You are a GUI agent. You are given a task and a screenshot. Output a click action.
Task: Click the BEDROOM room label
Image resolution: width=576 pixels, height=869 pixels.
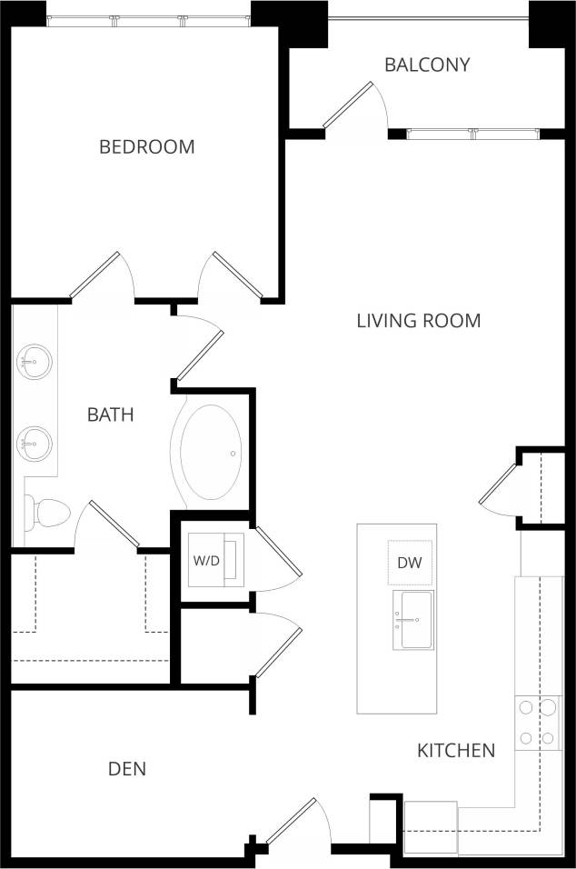click(147, 146)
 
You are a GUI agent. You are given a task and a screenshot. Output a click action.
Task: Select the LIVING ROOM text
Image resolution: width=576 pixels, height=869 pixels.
click(418, 320)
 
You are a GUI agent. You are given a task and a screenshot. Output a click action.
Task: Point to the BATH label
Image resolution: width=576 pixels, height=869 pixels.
click(111, 415)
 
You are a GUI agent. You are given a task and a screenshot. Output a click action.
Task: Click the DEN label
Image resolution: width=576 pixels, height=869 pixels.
click(127, 769)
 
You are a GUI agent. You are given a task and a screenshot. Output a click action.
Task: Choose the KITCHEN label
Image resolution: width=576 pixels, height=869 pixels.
click(456, 750)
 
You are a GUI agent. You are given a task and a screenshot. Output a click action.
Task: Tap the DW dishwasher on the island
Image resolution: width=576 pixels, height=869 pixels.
click(411, 563)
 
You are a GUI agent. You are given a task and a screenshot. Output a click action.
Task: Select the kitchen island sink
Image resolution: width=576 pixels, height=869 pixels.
click(412, 620)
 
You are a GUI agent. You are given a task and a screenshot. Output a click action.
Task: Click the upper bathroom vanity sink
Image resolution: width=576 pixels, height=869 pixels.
click(35, 363)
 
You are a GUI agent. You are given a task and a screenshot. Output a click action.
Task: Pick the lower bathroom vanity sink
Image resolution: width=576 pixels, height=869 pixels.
click(35, 444)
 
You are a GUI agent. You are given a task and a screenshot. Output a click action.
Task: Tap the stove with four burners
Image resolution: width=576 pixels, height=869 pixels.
click(536, 723)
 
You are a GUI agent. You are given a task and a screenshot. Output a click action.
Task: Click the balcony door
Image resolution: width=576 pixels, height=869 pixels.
click(348, 105)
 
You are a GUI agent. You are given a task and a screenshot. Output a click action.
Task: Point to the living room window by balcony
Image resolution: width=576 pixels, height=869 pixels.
click(472, 134)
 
